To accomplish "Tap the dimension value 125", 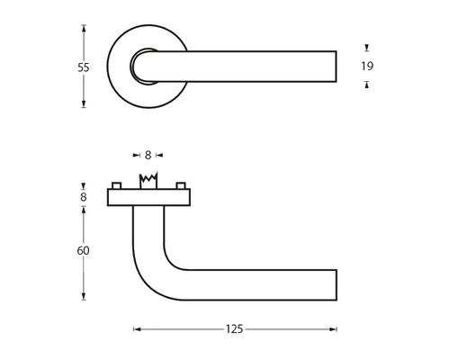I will [236, 329].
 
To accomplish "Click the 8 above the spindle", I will [148, 155].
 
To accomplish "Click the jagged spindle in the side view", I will [148, 180].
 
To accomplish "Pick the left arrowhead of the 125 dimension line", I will [137, 329].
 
